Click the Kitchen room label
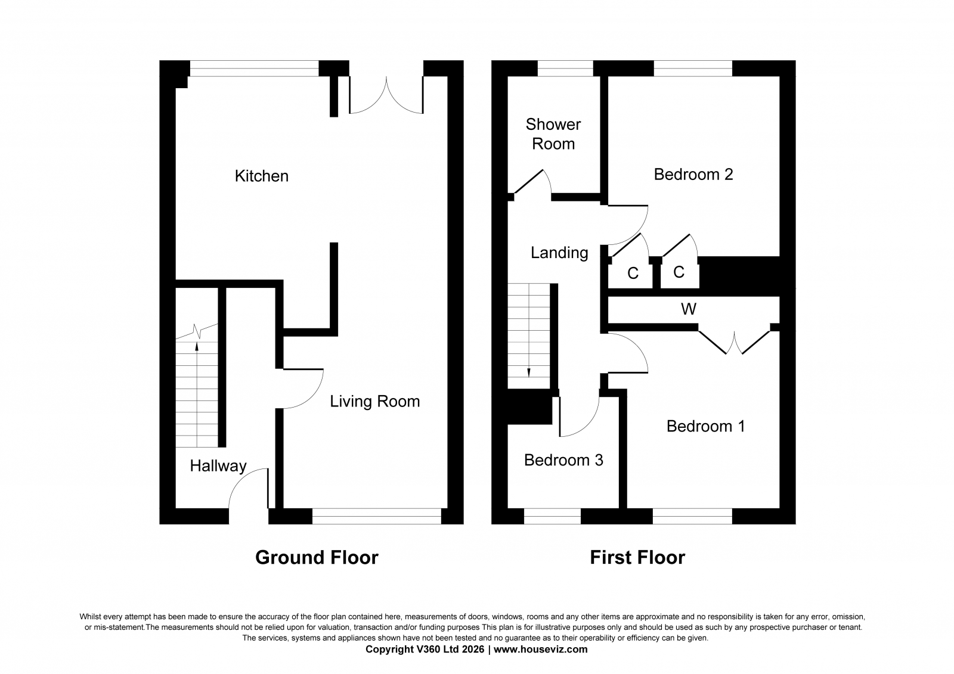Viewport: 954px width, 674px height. [262, 176]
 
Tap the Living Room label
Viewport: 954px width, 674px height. [375, 402]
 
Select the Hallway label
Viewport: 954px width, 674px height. [218, 466]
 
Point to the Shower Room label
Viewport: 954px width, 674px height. [553, 134]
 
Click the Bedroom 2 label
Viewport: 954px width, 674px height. [693, 175]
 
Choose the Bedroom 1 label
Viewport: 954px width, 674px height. [706, 426]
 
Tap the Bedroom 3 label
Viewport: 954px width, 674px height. [563, 460]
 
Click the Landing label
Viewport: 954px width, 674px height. [559, 253]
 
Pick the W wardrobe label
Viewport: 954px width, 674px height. [689, 309]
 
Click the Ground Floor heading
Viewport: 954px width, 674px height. [317, 557]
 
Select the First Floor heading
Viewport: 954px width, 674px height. [637, 557]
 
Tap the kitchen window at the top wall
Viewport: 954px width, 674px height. [254, 68]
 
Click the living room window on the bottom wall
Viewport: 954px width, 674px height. [377, 516]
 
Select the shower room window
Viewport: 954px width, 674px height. [565, 68]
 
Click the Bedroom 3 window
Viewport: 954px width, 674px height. [552, 516]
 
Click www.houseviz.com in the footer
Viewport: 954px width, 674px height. [540, 650]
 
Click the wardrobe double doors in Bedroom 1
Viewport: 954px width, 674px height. [734, 342]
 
